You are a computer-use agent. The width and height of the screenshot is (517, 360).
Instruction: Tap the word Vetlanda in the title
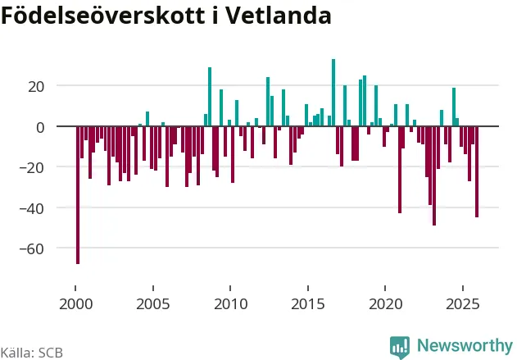pyautogui.click(x=291, y=16)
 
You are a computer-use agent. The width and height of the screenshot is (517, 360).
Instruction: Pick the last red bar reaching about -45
pyautogui.click(x=477, y=172)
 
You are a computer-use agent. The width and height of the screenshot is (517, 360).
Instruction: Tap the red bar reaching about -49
pyautogui.click(x=434, y=176)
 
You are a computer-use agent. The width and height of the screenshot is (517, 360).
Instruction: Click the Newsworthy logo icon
pyautogui.click(x=400, y=347)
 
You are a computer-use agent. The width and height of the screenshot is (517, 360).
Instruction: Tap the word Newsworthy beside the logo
pyautogui.click(x=464, y=345)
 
